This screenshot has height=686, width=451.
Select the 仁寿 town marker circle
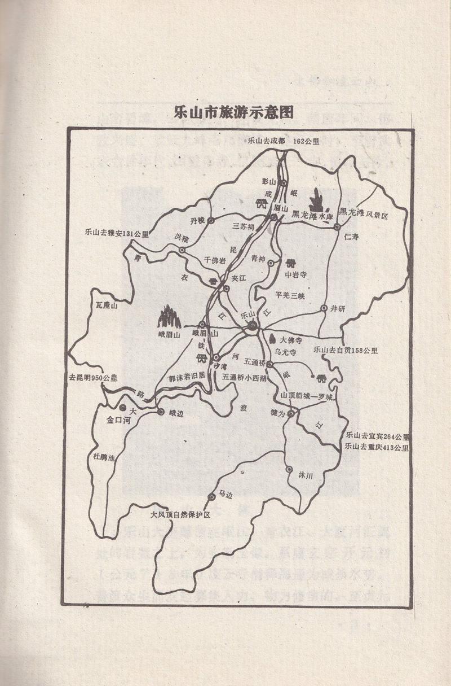(x=337, y=226)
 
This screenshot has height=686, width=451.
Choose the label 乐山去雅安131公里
(x=116, y=233)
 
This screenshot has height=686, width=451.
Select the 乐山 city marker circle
(x=252, y=326)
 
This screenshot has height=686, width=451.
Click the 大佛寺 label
(x=291, y=340)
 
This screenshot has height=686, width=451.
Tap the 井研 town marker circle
(x=324, y=308)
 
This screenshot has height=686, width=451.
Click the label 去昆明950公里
(x=93, y=377)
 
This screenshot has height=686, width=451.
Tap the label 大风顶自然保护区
(x=180, y=515)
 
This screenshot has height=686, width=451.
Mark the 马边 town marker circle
(x=211, y=497)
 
